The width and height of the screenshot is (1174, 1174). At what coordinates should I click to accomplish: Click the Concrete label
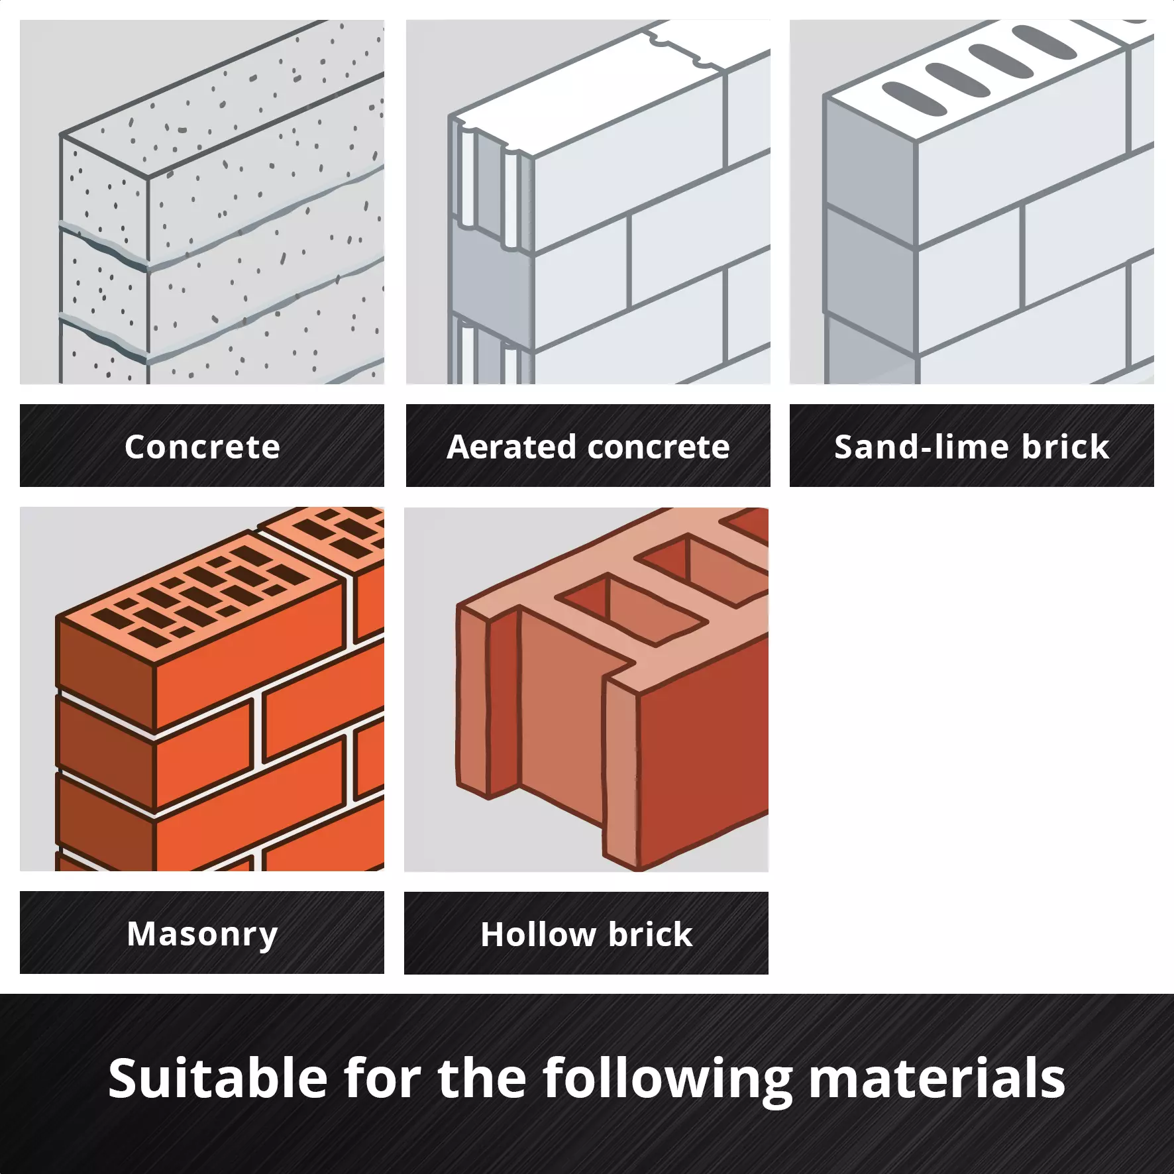tap(202, 447)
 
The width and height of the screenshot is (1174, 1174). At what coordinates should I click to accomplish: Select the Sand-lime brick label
tap(971, 447)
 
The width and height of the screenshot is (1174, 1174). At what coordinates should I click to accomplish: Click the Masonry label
tap(202, 934)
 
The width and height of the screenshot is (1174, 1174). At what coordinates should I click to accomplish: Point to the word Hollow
tap(538, 934)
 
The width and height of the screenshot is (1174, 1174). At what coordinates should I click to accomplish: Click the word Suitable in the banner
tap(217, 1078)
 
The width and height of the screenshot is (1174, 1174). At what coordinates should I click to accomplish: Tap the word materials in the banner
tap(937, 1078)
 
